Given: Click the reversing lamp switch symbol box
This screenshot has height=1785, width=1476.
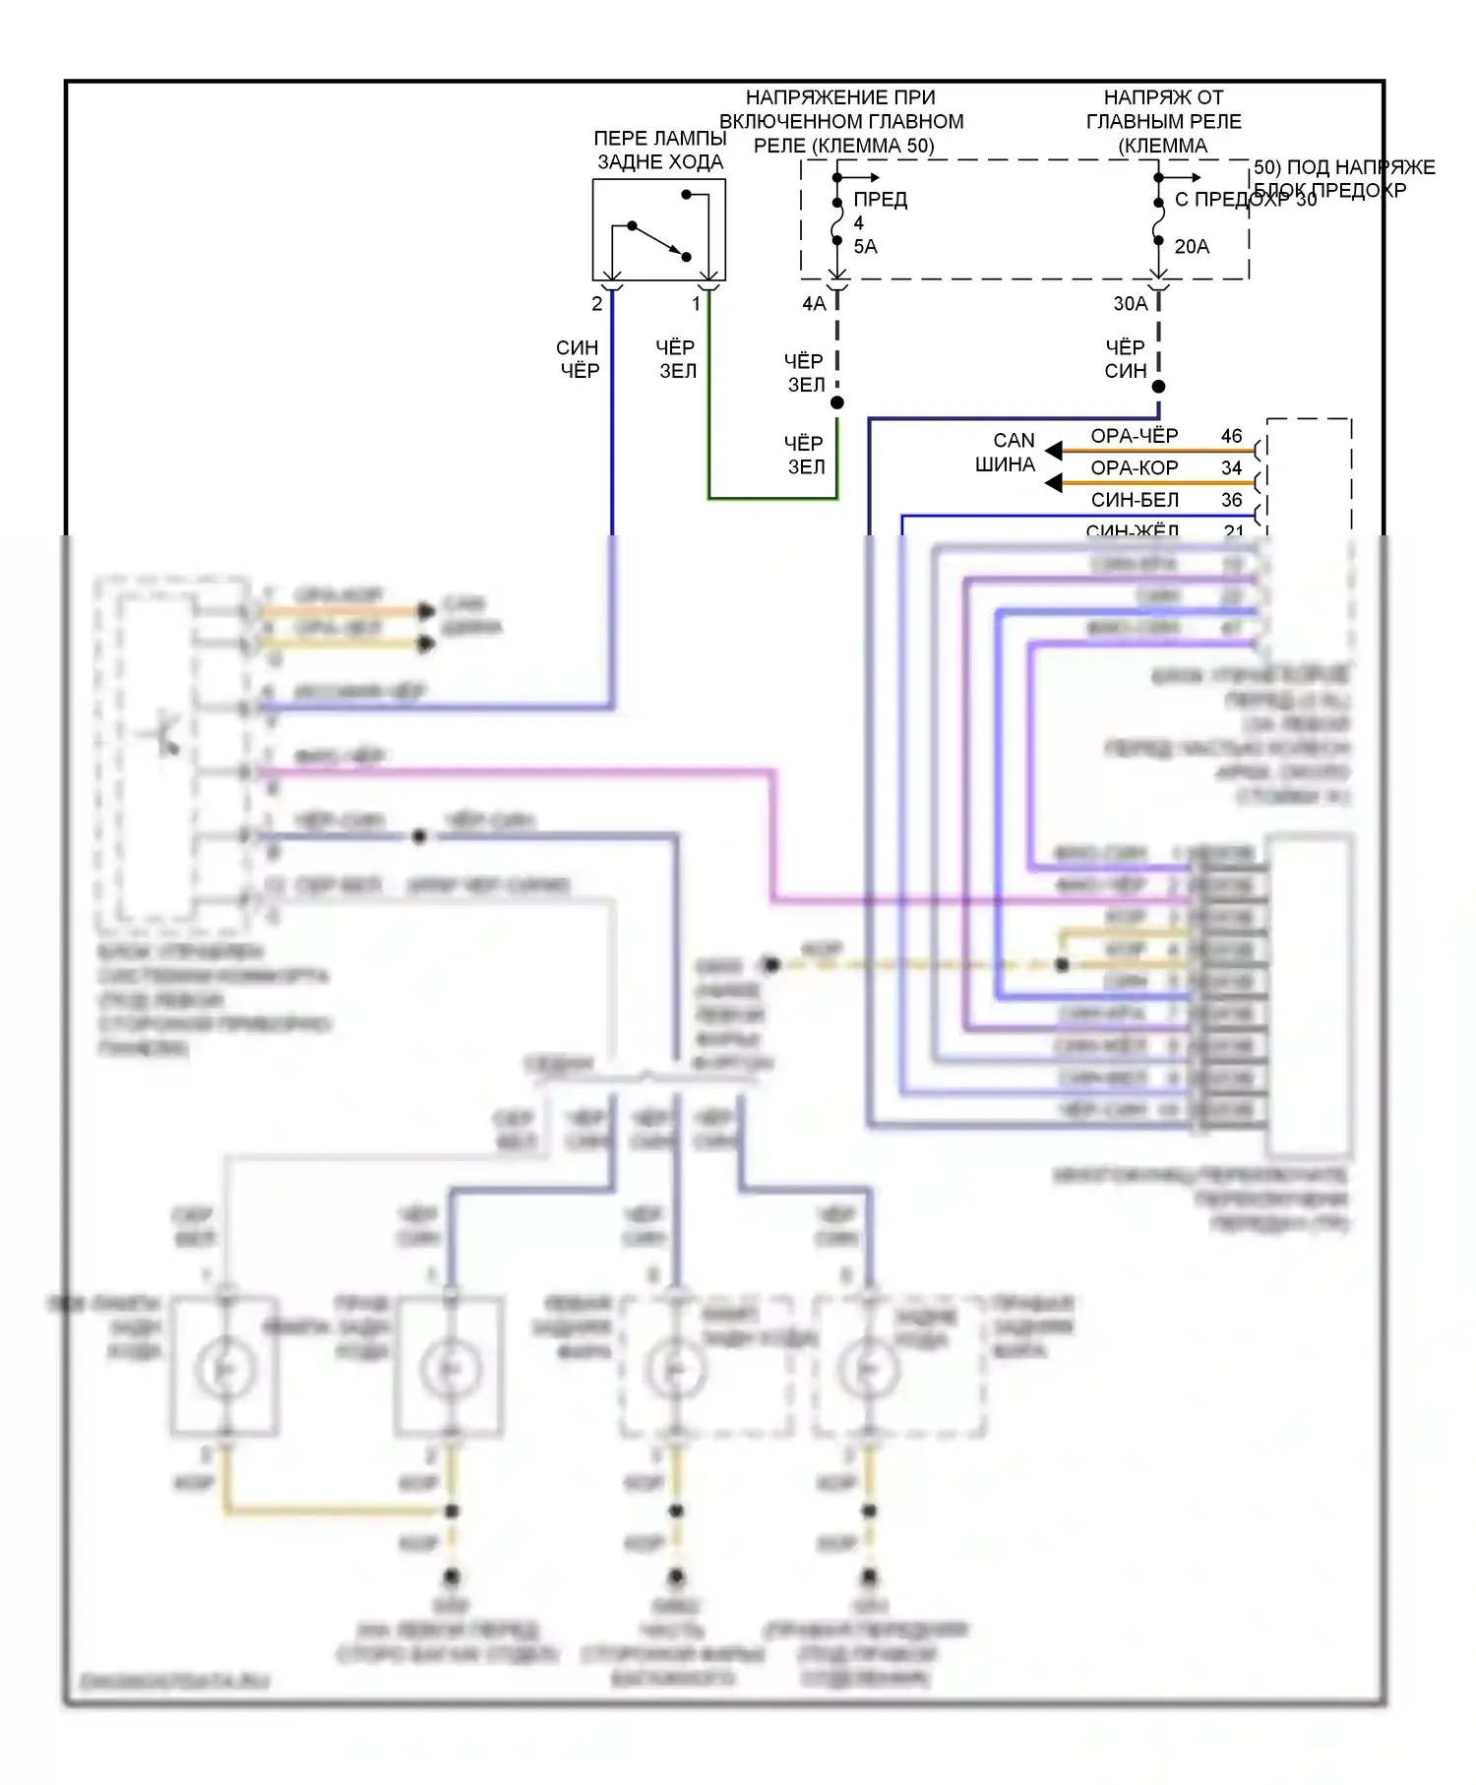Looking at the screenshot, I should (658, 229).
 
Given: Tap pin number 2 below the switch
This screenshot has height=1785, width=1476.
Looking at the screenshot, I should (597, 304).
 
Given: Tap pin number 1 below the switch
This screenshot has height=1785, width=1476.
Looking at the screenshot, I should (697, 304).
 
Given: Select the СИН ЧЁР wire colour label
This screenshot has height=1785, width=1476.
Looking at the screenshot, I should (578, 359).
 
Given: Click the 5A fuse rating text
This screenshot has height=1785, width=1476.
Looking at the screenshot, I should (865, 247).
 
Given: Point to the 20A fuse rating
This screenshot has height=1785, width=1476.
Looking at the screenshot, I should (1192, 247).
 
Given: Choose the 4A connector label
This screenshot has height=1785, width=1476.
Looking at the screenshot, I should (814, 304).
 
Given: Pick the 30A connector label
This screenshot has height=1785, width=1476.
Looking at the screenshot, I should (1131, 304).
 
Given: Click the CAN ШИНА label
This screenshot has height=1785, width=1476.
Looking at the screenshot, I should (1006, 453).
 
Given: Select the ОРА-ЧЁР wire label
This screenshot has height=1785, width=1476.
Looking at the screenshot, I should (1134, 436).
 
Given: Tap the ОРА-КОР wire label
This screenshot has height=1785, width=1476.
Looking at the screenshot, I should (1134, 468).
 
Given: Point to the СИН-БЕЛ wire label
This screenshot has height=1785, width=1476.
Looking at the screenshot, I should (1134, 500).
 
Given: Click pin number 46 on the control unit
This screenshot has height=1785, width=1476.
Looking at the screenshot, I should (1231, 436).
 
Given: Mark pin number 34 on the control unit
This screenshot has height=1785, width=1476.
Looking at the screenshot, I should (1231, 468).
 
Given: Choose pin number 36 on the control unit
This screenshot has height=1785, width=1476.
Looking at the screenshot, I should (1231, 500).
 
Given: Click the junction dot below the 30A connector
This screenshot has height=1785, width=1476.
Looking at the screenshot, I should (1158, 387).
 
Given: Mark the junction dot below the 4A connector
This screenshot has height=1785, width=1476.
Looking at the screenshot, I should (837, 402).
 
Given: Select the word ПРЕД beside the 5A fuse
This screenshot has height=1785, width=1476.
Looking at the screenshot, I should (880, 200).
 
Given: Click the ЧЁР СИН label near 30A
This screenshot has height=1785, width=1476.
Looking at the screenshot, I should (1125, 359).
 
